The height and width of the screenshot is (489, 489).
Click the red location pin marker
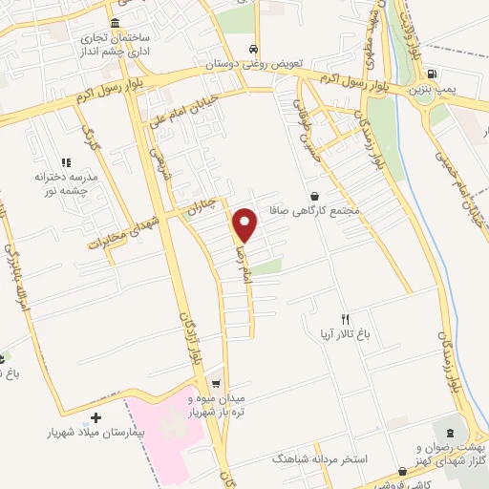(245, 225)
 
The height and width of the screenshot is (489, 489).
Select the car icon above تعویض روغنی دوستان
(252, 50)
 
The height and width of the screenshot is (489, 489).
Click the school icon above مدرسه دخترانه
(67, 162)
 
